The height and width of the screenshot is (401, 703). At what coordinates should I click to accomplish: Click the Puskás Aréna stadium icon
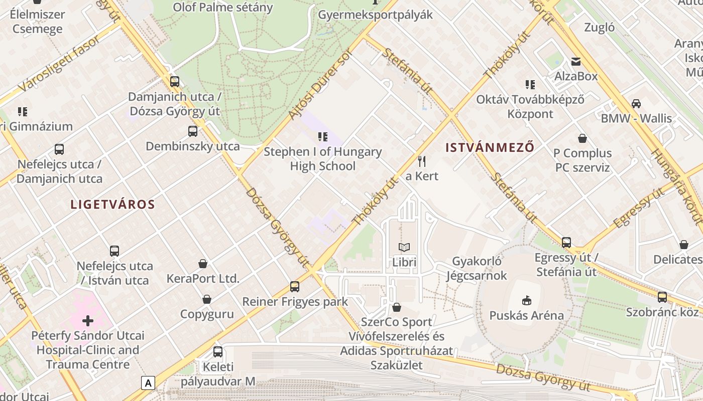tap(526, 300)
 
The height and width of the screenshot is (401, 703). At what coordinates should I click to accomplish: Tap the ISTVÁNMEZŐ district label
tap(490, 147)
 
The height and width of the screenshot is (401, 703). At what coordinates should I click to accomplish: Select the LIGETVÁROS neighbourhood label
tap(112, 205)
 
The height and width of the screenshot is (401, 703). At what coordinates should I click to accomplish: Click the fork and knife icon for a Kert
tap(422, 161)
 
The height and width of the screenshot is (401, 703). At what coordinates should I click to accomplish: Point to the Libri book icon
tap(404, 247)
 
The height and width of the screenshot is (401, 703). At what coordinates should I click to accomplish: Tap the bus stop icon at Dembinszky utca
tap(193, 131)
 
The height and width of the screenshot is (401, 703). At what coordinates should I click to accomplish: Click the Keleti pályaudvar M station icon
tap(217, 351)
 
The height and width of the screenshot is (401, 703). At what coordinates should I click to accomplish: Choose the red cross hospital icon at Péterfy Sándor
tap(88, 320)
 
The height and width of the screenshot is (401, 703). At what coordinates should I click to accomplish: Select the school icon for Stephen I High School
tap(322, 136)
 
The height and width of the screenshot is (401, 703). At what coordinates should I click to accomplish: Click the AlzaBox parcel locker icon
tap(575, 62)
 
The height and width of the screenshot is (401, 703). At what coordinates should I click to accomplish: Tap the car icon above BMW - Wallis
tap(636, 104)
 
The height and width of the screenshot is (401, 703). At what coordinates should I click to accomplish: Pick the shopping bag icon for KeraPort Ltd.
tap(203, 264)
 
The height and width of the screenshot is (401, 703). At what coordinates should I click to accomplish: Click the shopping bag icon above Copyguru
tap(206, 299)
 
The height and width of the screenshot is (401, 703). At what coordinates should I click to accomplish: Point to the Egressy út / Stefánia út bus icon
tap(566, 243)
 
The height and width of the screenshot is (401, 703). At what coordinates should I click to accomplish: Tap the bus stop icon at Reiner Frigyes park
tap(295, 287)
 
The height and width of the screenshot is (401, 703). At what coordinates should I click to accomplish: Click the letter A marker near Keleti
tap(148, 383)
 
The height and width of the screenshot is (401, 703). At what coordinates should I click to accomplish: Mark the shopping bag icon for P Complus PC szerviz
tap(582, 138)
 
